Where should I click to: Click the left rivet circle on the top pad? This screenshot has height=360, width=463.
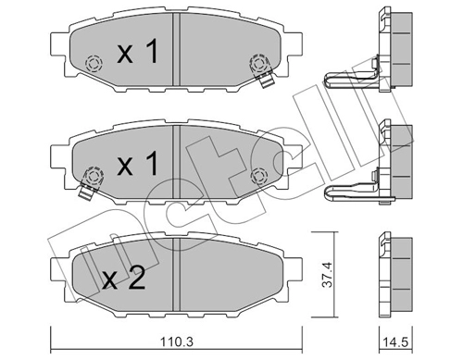pyautogui.click(x=93, y=65)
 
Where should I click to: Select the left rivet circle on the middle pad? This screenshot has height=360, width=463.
pyautogui.click(x=93, y=176)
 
